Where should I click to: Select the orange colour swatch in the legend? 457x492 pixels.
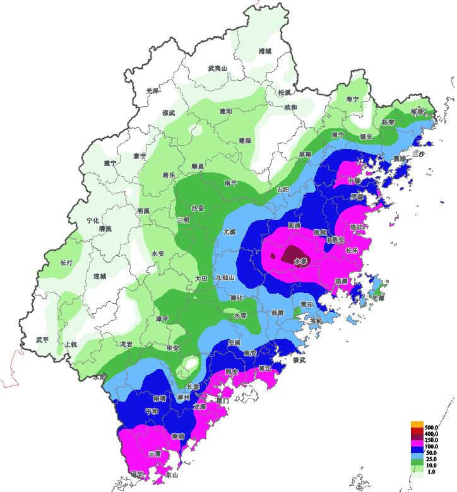click(x=417, y=424)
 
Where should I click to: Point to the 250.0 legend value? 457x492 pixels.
click(x=433, y=440)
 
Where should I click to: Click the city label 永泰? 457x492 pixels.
click(x=300, y=260)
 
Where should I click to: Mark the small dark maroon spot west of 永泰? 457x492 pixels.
click(x=273, y=256)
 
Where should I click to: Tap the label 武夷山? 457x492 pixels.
click(x=217, y=68)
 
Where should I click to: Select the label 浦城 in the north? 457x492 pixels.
click(x=264, y=51)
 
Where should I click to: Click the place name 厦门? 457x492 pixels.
click(x=222, y=400)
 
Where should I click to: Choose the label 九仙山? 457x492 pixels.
click(x=225, y=277)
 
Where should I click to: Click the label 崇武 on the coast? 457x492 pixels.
click(x=299, y=360)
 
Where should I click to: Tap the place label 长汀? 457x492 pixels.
click(x=67, y=262)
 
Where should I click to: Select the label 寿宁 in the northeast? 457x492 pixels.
click(x=352, y=99)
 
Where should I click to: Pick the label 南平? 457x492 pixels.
click(x=231, y=183)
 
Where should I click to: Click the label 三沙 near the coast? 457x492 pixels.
click(x=418, y=153)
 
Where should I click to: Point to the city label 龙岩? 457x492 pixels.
click(x=127, y=344)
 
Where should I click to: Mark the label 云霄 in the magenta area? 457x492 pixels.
click(x=155, y=453)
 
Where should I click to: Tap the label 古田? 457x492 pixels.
click(x=282, y=189)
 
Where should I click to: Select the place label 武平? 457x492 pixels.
click(x=42, y=340)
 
